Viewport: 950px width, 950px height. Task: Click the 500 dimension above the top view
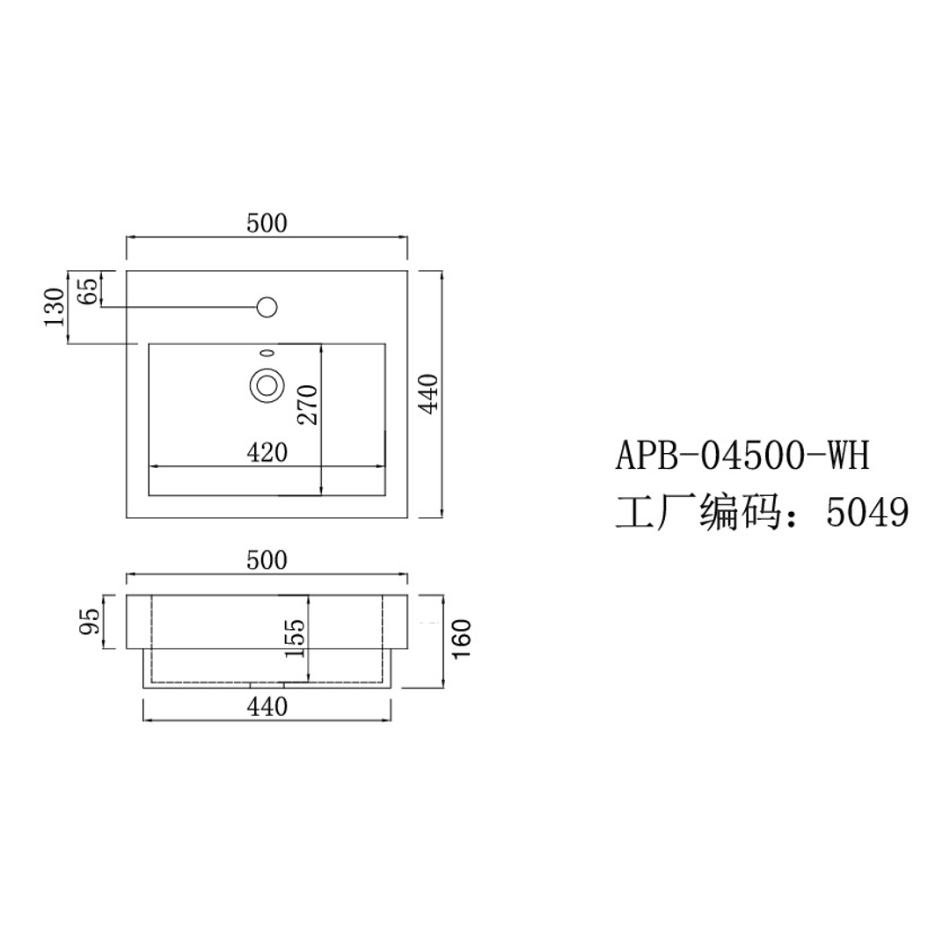coord(267,223)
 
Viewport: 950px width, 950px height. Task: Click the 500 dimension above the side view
coord(267,560)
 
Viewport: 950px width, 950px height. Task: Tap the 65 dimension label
coord(87,291)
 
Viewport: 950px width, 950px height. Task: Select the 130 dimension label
coord(55,307)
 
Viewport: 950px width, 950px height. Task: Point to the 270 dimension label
coord(307,405)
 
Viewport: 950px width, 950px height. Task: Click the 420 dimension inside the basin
coord(267,453)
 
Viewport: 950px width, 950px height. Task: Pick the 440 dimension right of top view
coord(428,394)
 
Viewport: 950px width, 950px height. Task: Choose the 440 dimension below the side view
coord(267,706)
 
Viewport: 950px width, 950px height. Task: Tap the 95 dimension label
coord(91,622)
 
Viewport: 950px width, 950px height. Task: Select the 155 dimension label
coord(295,638)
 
